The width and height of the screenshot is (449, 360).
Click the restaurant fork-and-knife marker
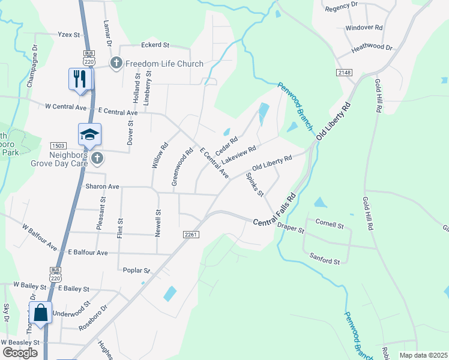pyautogui.click(x=80, y=79)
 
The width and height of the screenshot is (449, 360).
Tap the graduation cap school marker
pyautogui.click(x=89, y=134)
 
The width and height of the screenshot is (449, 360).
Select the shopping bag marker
pyautogui.click(x=40, y=313)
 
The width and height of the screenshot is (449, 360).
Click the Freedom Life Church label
pyautogui.click(x=164, y=64)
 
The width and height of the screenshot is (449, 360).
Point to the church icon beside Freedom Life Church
pyautogui.click(x=116, y=62)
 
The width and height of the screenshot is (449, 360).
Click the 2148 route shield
pyautogui.click(x=344, y=72)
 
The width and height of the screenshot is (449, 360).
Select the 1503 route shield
pyautogui.click(x=58, y=146)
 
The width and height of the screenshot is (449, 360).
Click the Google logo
pyautogui.click(x=20, y=353)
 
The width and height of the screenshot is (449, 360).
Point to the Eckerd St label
pyautogui.click(x=155, y=44)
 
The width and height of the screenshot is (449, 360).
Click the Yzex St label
pyautogui.click(x=68, y=35)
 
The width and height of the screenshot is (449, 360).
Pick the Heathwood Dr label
pyautogui.click(x=372, y=47)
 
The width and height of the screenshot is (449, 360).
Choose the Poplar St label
pyautogui.click(x=136, y=271)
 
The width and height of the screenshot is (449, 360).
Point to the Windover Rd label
pyautogui.click(x=364, y=28)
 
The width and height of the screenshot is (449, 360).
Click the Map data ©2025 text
pyautogui.click(x=423, y=355)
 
